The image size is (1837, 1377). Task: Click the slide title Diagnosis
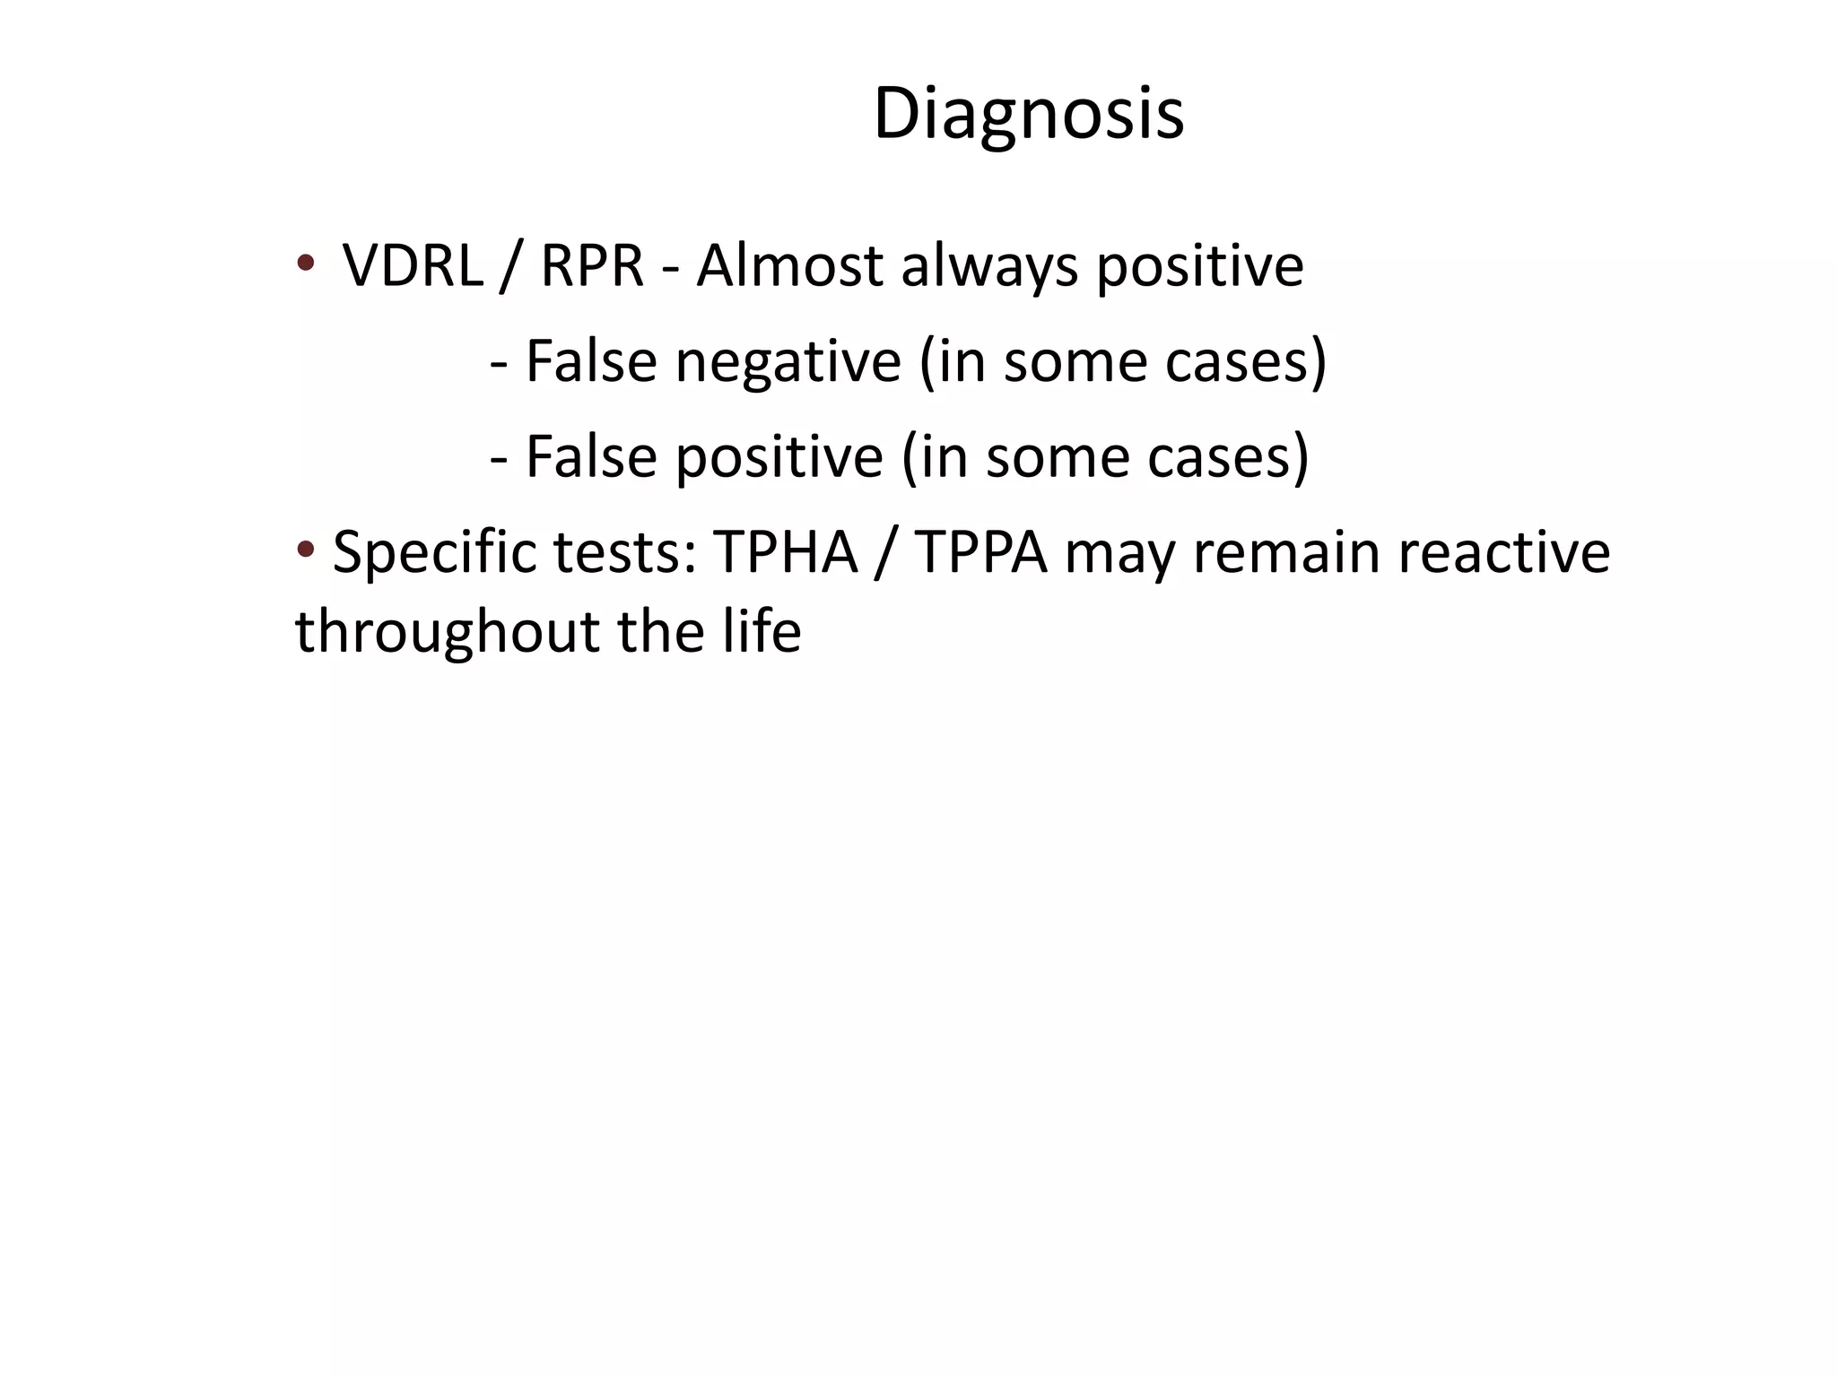click(1028, 114)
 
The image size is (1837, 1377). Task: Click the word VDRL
click(412, 266)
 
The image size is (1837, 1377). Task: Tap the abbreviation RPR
click(592, 266)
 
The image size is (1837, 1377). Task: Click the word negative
click(788, 363)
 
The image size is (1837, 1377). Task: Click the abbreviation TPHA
click(786, 552)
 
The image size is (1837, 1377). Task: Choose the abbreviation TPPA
click(981, 552)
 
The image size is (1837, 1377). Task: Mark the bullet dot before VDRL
click(305, 263)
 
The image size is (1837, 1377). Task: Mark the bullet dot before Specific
click(305, 549)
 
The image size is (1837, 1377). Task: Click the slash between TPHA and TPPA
click(885, 552)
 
